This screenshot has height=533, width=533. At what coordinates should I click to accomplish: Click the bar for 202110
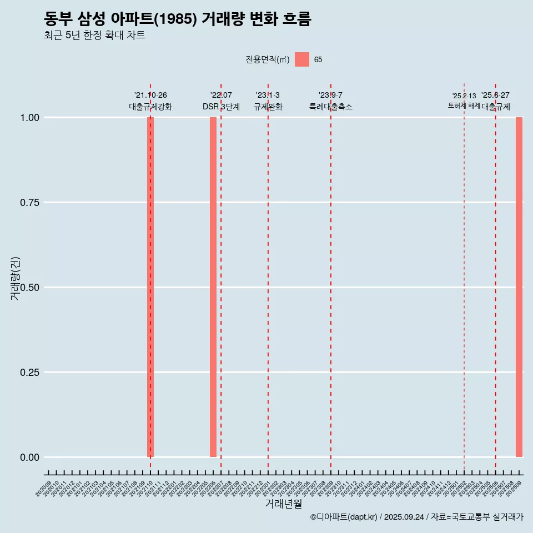(x=150, y=287)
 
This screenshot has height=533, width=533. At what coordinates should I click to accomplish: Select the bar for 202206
(x=213, y=287)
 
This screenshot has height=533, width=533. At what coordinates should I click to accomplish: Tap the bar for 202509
(x=519, y=287)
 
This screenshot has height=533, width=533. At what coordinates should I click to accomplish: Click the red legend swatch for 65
(x=302, y=59)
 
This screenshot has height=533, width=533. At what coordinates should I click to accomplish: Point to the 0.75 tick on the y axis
(x=28, y=203)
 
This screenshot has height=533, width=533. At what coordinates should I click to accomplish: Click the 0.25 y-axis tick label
(x=28, y=373)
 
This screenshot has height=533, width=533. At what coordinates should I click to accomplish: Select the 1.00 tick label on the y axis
(x=28, y=118)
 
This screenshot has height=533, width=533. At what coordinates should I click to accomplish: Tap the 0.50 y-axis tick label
(x=28, y=288)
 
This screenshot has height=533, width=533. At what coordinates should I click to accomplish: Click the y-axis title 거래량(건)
(x=16, y=278)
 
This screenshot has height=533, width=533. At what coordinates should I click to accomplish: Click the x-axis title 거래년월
(x=284, y=504)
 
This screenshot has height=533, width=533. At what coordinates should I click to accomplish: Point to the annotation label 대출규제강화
(x=150, y=107)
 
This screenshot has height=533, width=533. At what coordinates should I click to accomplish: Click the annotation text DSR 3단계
(x=221, y=107)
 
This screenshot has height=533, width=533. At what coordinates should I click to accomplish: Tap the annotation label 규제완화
(x=268, y=107)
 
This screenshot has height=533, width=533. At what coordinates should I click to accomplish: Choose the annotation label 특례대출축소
(x=331, y=107)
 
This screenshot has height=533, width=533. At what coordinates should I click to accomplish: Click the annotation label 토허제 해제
(x=464, y=105)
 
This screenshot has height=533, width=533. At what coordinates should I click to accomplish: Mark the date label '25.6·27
(x=495, y=95)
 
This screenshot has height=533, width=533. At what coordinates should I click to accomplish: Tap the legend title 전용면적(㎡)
(x=268, y=60)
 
